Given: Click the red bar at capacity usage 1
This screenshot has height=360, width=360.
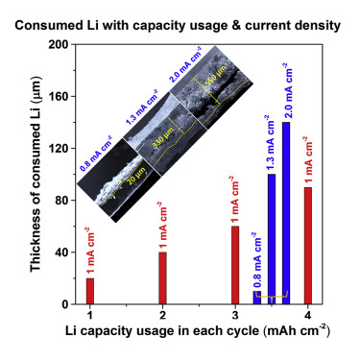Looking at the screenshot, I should tap(90, 291).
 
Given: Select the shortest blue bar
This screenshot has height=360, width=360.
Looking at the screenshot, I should tap(256, 298).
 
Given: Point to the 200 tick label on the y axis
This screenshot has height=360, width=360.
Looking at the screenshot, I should tap(57, 44).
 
